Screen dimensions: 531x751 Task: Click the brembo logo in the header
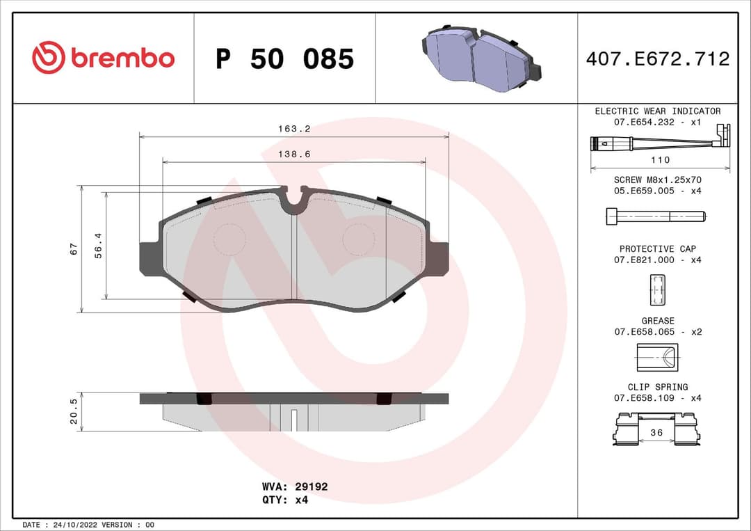[x=103, y=58]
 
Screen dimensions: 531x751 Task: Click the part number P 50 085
[x=284, y=59]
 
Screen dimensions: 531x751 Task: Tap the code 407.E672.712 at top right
[x=657, y=59]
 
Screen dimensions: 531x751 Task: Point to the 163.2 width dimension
[x=294, y=129]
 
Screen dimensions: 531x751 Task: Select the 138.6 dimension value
[x=294, y=154]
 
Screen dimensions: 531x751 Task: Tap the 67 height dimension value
[x=74, y=249]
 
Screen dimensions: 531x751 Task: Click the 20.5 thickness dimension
[x=74, y=411]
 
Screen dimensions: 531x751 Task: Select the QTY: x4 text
[x=285, y=499]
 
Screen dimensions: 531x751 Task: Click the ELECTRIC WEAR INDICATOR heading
[x=657, y=111]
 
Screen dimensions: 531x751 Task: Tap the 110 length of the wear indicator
[x=660, y=159]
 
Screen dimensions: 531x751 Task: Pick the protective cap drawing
[x=657, y=290]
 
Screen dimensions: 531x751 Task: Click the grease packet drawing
[x=657, y=358]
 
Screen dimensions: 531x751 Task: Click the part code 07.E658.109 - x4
[x=657, y=398]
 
